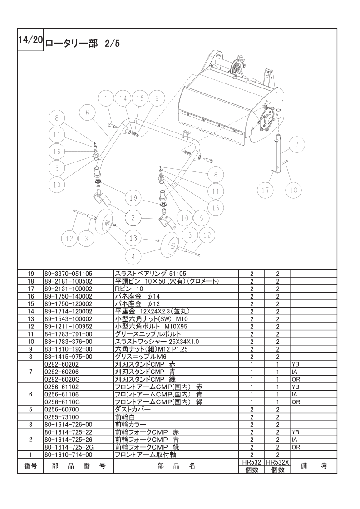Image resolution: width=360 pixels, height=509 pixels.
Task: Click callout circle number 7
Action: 296,144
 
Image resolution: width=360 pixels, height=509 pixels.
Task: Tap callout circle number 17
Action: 266,190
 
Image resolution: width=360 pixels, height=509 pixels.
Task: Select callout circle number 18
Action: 293,190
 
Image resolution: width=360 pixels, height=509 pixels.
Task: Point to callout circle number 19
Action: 133,198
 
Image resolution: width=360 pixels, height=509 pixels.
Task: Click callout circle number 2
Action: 133,218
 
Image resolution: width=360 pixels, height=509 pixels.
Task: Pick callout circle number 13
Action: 133,238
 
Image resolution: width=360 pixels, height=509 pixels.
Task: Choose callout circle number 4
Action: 133,256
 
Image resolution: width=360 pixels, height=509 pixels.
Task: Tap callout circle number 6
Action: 87,113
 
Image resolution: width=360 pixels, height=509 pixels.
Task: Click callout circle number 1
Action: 106,98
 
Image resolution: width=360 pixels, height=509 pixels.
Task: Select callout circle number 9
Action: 157,98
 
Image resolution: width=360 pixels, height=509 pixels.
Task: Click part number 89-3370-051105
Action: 68,274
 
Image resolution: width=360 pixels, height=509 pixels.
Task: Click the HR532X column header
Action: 277,462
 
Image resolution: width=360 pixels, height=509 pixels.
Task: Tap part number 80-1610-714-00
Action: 68,455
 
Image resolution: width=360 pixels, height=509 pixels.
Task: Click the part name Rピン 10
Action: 129,289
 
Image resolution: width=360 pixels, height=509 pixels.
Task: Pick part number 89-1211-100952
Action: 68,326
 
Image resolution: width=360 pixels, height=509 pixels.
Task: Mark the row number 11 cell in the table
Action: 30,334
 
